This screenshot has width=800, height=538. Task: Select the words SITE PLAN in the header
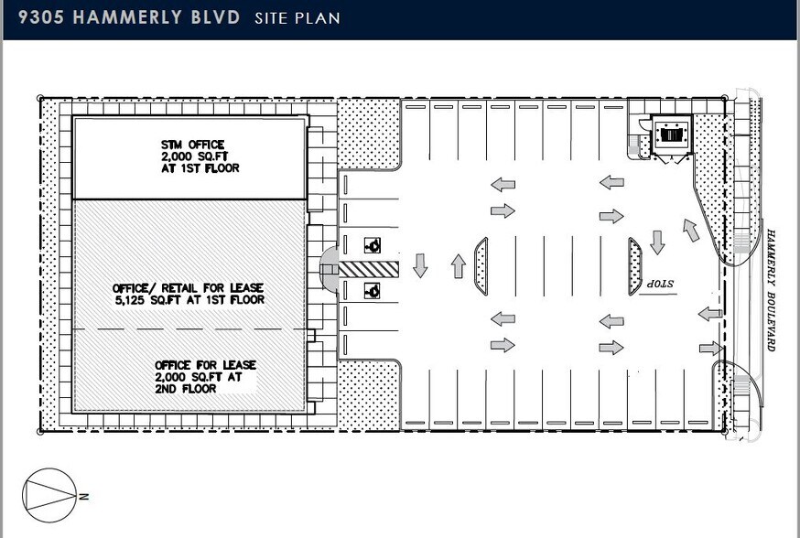(297, 18)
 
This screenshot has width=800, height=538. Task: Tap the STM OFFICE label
(188, 145)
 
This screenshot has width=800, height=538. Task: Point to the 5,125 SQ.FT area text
(189, 299)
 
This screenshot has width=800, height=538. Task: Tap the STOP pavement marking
(667, 285)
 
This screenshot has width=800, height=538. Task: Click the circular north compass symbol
(49, 496)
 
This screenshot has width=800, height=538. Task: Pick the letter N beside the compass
(82, 497)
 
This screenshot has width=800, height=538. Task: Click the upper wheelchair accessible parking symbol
(373, 245)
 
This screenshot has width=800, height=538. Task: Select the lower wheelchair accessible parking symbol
(373, 291)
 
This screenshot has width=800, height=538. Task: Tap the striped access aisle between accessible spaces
(370, 268)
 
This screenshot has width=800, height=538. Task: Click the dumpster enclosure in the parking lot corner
(672, 134)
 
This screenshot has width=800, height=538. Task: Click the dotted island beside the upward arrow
(481, 266)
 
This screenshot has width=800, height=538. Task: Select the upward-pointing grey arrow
(459, 266)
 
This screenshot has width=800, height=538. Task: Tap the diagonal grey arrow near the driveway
(691, 230)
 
